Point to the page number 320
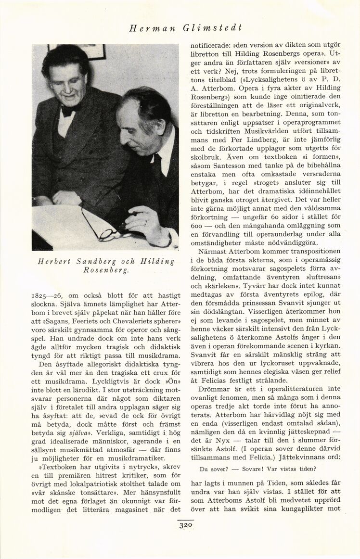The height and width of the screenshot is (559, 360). point(185,526)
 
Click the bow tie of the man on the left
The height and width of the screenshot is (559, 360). point(69,110)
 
